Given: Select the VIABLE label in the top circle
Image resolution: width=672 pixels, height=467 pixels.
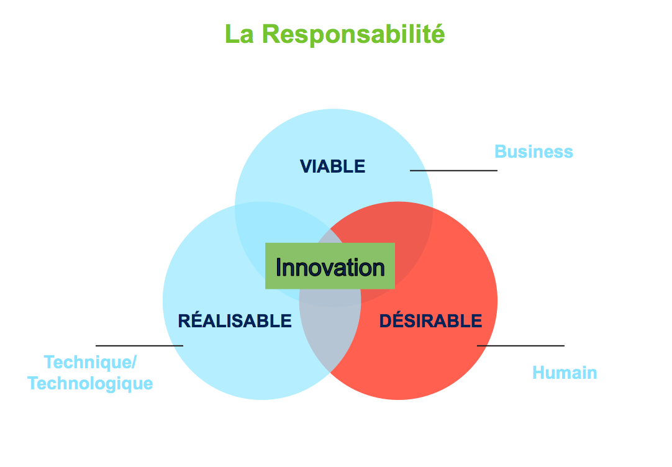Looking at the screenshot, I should pos(332,166).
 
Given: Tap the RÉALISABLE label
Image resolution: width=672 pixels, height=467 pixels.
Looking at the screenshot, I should pos(234,321).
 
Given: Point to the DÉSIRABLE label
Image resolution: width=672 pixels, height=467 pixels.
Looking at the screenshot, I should pos(430,321).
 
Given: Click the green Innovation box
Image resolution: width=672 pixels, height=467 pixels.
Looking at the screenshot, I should pos(330,266).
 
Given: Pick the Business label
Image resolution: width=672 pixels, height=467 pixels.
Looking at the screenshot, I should pos(534,152).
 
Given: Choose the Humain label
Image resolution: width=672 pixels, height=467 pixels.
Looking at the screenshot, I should pos(565,373).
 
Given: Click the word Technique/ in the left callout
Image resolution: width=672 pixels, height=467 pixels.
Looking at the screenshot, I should pos(90,362).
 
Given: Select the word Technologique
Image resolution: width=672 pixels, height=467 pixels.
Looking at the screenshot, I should pos(90,383).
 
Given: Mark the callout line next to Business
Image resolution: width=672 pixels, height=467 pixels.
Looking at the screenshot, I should pos(453,170).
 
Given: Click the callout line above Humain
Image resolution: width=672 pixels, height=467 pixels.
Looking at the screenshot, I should pos(520,345).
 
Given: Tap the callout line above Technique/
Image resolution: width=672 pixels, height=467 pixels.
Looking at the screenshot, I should pos(139,345).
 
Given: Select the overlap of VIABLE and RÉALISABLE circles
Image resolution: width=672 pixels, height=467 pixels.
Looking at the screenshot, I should pos(273,224).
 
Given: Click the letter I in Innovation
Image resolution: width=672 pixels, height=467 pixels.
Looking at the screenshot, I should pos(279,268).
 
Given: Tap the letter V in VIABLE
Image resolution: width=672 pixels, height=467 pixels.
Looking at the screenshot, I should pos(305,166).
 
